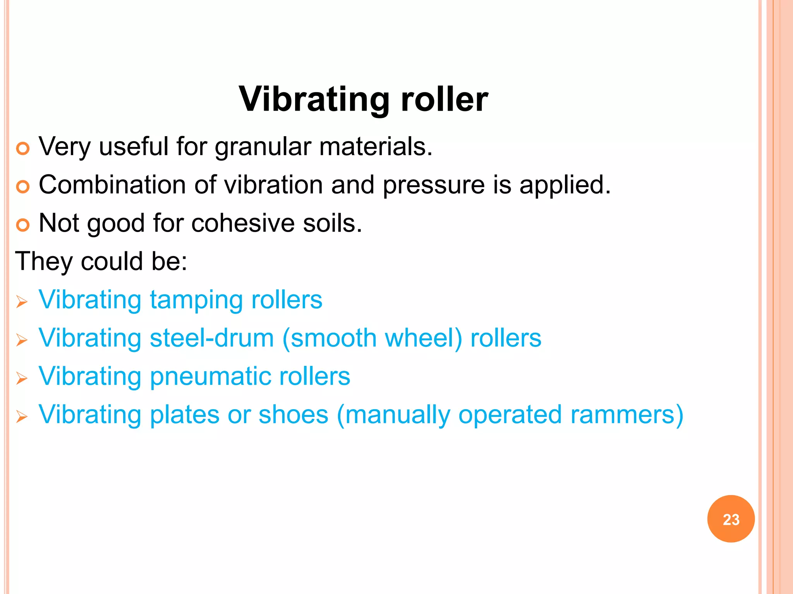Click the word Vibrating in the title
pos(314,99)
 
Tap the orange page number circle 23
pos(731,519)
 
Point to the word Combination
pos(112,185)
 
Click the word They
pos(43,262)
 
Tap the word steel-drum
pos(212,338)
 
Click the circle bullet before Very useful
pos(23,148)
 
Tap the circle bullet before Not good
pos(23,225)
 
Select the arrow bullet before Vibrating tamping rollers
pos(22,302)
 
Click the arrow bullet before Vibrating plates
pos(22,417)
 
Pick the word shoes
pos(293,415)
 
